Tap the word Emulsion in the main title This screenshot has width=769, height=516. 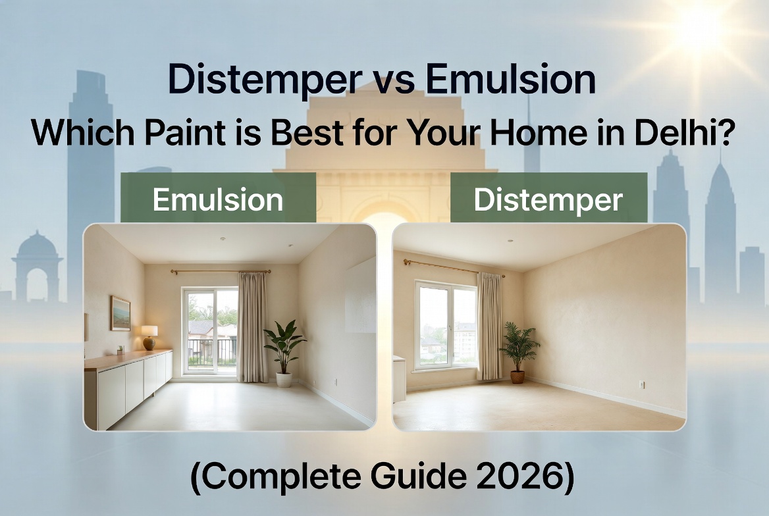510,80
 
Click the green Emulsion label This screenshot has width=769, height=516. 218,199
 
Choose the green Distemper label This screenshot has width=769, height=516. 548,199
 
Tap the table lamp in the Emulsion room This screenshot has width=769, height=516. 149,336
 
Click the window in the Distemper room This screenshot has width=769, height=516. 445,323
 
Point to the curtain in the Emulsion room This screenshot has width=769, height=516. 252,326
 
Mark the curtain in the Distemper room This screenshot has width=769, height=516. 489,325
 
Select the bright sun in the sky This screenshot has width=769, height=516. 700,30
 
